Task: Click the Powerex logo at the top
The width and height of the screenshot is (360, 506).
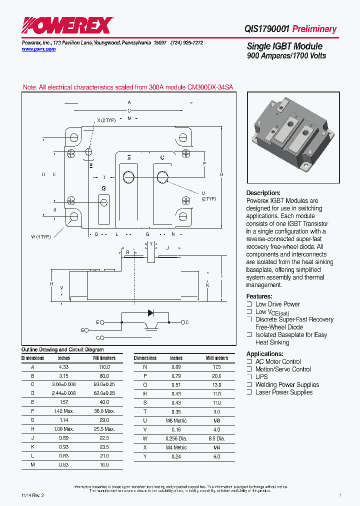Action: [x=66, y=25]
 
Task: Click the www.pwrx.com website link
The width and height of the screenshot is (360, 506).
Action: [x=38, y=49]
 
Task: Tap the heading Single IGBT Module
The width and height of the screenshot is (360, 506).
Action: [x=284, y=46]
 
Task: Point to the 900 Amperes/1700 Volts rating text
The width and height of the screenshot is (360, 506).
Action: [x=286, y=55]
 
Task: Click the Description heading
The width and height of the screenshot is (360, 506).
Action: [x=263, y=193]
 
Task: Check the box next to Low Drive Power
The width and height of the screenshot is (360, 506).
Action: [x=249, y=304]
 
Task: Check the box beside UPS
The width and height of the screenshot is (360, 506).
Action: [x=249, y=377]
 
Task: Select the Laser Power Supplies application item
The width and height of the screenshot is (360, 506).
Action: [x=283, y=392]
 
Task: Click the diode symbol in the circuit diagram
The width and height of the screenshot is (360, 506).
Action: [x=150, y=313]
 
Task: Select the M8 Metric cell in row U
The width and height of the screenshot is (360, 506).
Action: [x=176, y=420]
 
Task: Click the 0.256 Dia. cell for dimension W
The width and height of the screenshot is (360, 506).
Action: [x=176, y=438]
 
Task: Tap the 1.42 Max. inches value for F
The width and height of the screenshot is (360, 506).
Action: [x=64, y=411]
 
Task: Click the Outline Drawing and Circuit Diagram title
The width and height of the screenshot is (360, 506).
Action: [x=62, y=350]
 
